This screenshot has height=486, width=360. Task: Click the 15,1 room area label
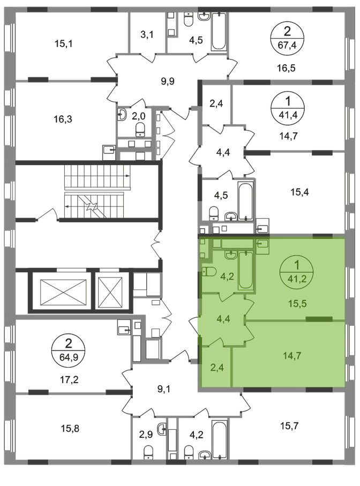(x=64, y=44)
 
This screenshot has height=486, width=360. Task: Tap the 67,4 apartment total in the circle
(x=287, y=45)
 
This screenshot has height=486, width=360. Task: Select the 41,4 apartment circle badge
(x=288, y=108)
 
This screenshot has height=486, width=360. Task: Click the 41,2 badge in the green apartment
(x=297, y=272)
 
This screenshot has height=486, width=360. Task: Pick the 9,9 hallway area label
(x=168, y=81)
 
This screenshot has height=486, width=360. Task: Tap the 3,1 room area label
(x=147, y=34)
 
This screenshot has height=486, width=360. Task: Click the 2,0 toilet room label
(x=139, y=116)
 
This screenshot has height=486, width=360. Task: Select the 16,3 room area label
(x=63, y=119)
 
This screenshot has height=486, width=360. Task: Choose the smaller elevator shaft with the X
(x=110, y=292)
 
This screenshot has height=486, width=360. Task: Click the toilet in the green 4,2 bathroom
(x=209, y=272)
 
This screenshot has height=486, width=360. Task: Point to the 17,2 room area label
(x=69, y=379)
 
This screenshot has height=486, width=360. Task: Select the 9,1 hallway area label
(x=163, y=388)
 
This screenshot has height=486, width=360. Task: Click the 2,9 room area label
(x=146, y=435)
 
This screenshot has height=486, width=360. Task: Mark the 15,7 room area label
(x=289, y=426)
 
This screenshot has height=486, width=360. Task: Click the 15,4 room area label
(x=299, y=192)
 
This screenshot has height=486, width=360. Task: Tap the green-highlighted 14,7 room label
(x=292, y=355)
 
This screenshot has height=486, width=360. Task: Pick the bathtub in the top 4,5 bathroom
(x=219, y=31)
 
